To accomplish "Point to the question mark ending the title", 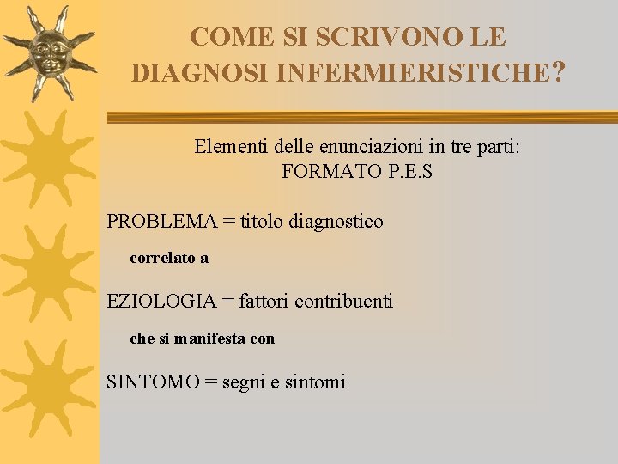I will coord(560,71).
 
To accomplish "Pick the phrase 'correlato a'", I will coord(169,258).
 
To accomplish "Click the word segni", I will coord(243,382).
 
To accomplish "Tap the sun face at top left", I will coord(50,52).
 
